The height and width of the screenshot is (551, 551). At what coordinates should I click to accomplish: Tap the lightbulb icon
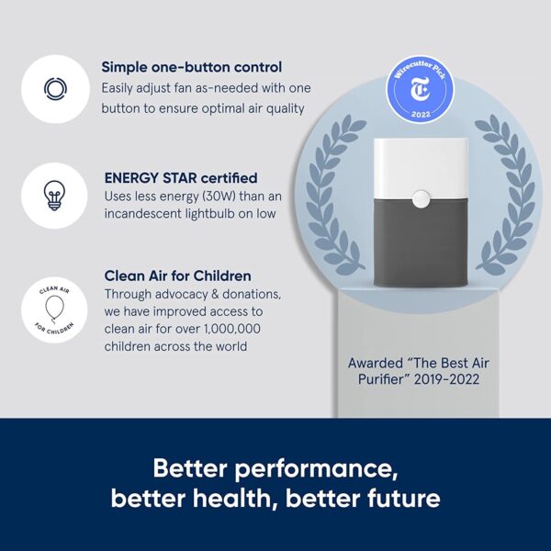(x=54, y=196)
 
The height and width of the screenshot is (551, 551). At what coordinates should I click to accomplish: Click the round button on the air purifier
(x=421, y=199)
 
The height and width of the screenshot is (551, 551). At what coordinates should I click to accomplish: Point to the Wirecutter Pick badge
(x=421, y=89)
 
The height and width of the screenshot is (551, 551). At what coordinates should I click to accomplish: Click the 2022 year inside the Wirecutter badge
(x=421, y=114)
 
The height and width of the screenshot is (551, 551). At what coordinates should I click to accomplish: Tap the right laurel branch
(x=507, y=195)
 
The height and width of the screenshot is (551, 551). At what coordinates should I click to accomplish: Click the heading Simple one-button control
(x=192, y=67)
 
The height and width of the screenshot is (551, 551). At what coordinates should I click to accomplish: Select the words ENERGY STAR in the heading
(x=151, y=178)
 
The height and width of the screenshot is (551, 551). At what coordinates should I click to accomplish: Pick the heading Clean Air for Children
(x=178, y=275)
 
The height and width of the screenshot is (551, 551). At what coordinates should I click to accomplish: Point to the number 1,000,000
(x=232, y=329)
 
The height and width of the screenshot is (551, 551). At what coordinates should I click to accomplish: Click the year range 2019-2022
(x=446, y=379)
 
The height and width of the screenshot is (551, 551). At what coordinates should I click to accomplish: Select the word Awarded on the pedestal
(x=376, y=363)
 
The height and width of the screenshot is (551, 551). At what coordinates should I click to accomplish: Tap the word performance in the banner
(x=316, y=469)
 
